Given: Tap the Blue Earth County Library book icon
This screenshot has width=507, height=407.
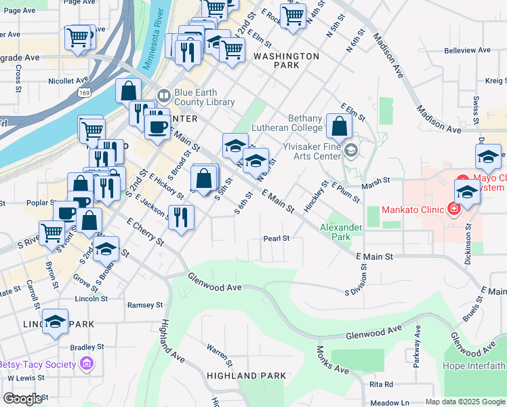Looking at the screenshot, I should point(163,96).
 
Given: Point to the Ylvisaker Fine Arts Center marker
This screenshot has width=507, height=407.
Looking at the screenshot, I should point(350,150).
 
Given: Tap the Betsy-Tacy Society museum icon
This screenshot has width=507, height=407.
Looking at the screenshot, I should point(85,365).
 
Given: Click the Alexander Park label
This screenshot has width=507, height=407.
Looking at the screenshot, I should point(336,232).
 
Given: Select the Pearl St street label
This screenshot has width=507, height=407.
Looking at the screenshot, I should point(277,239).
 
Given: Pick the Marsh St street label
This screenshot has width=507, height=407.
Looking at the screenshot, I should point(377,180).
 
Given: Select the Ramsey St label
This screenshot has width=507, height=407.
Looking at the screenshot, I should point(141,305).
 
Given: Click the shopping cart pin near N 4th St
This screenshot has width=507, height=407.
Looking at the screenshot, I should point(293,15).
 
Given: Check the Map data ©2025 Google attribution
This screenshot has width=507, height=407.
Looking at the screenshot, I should point(465,402).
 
